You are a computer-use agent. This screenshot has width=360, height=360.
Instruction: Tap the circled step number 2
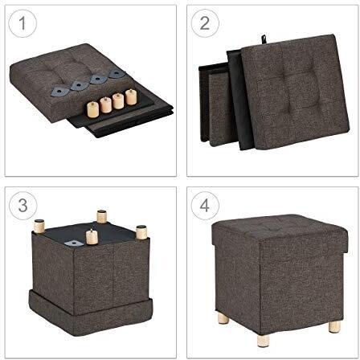(x=204, y=24)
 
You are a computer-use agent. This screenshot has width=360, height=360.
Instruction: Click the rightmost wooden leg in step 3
(x=142, y=232)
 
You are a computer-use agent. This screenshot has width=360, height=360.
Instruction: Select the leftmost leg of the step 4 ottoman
(x=218, y=316)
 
